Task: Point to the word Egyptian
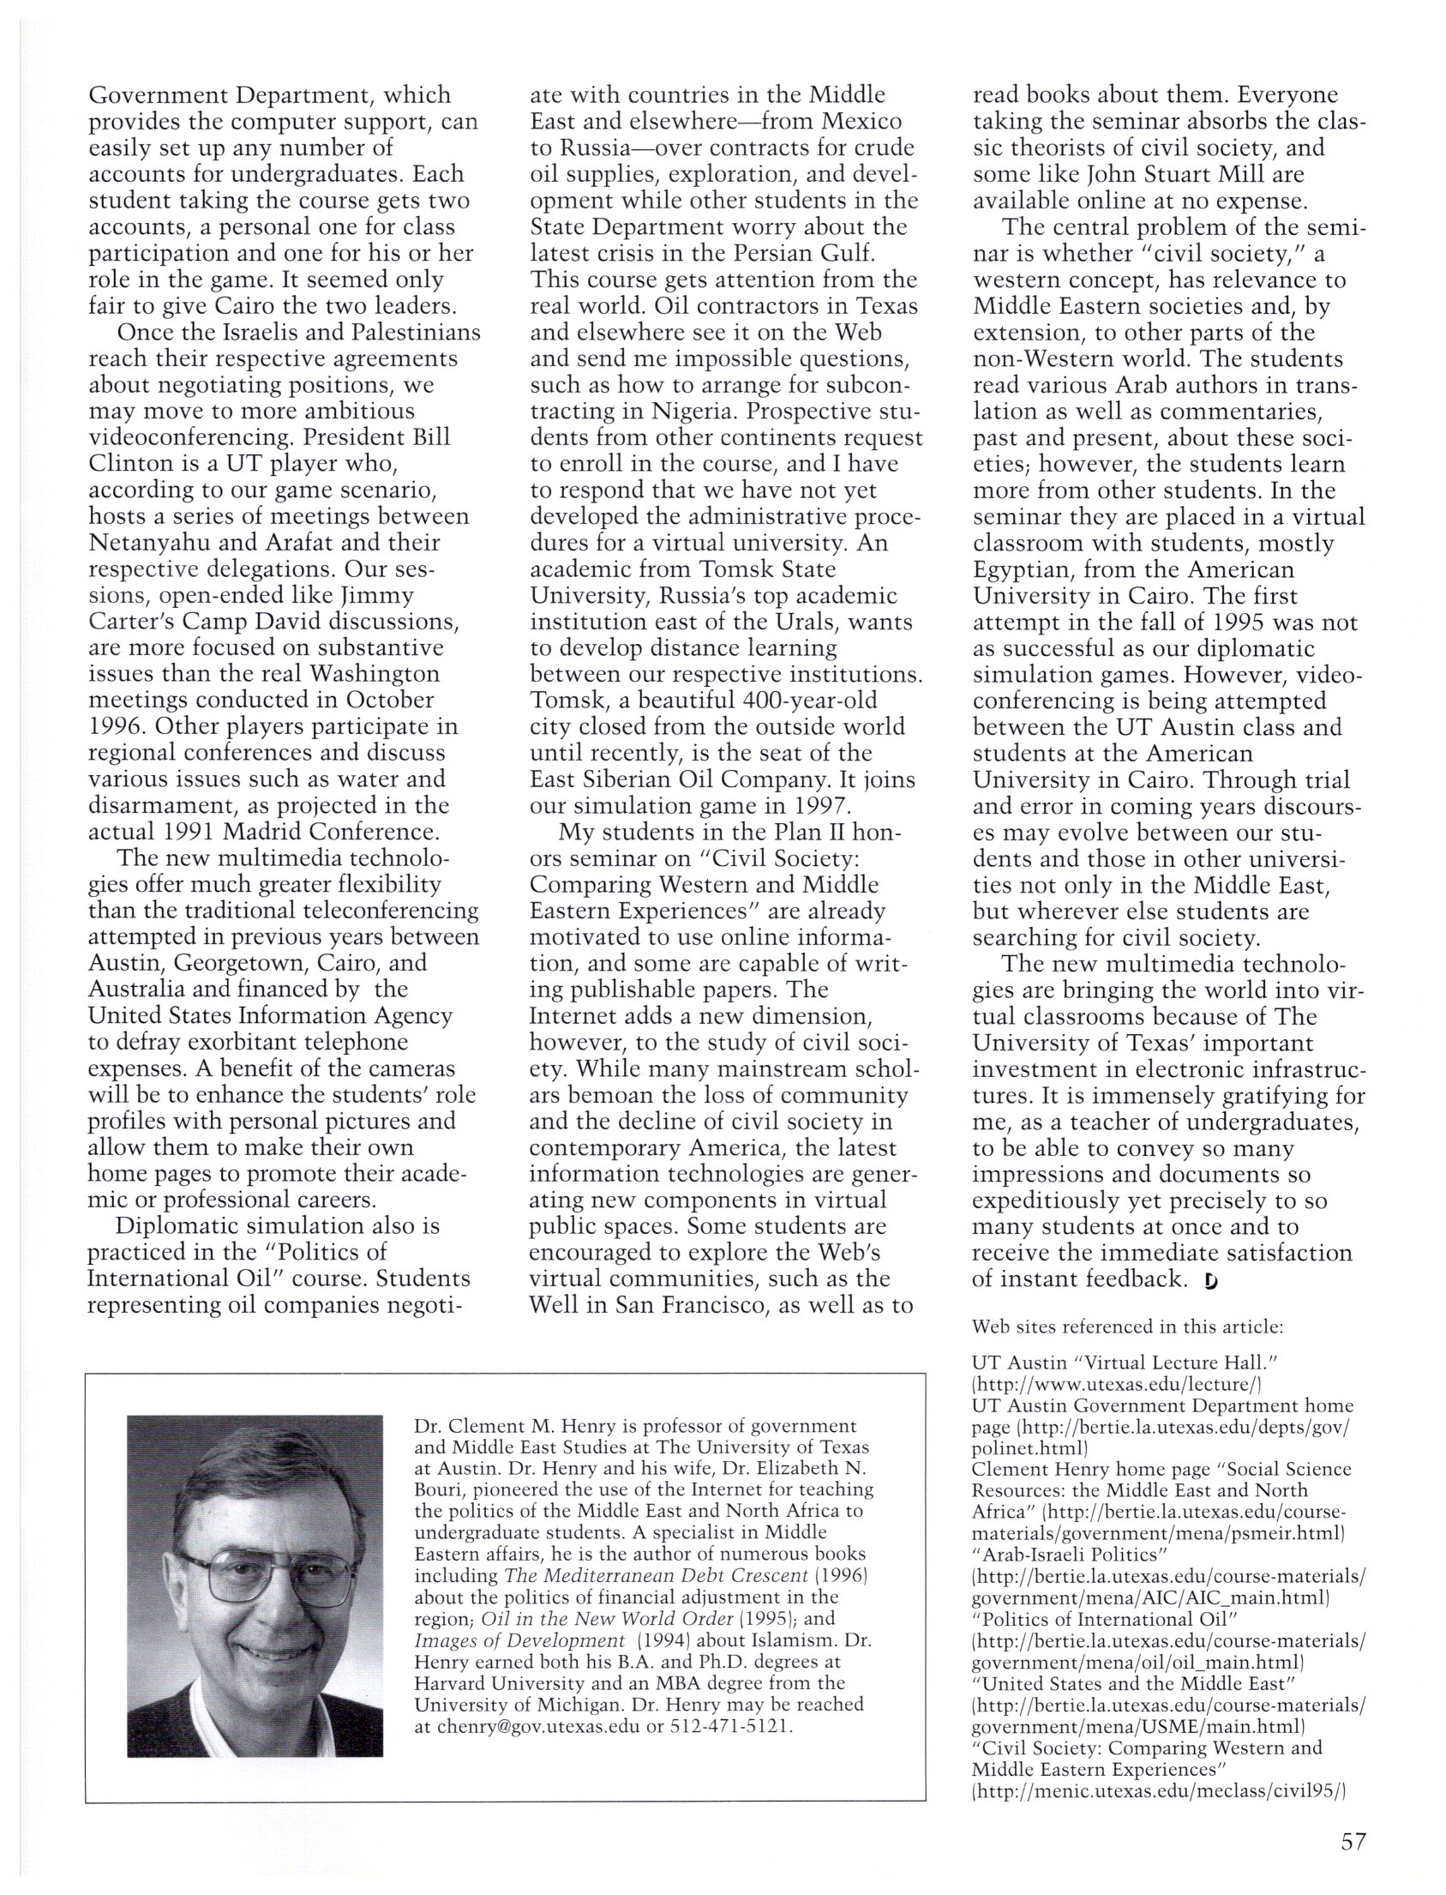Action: click(x=1022, y=569)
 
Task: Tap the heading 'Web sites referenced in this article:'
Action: click(x=1127, y=1326)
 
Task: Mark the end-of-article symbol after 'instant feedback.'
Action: click(x=1212, y=1282)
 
